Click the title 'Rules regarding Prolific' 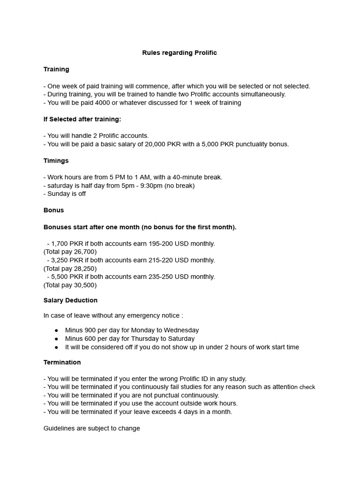click(180, 52)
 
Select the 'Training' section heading click(56, 69)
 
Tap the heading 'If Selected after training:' click(82, 119)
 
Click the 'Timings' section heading click(56, 161)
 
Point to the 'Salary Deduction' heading click(70, 300)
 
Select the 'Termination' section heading click(62, 362)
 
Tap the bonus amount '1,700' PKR click(60, 244)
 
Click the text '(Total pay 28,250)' click(70, 269)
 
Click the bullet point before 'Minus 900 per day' click(57, 330)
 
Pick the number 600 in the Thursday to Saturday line click(90, 338)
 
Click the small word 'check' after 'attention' click(307, 387)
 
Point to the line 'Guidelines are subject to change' click(91, 428)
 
